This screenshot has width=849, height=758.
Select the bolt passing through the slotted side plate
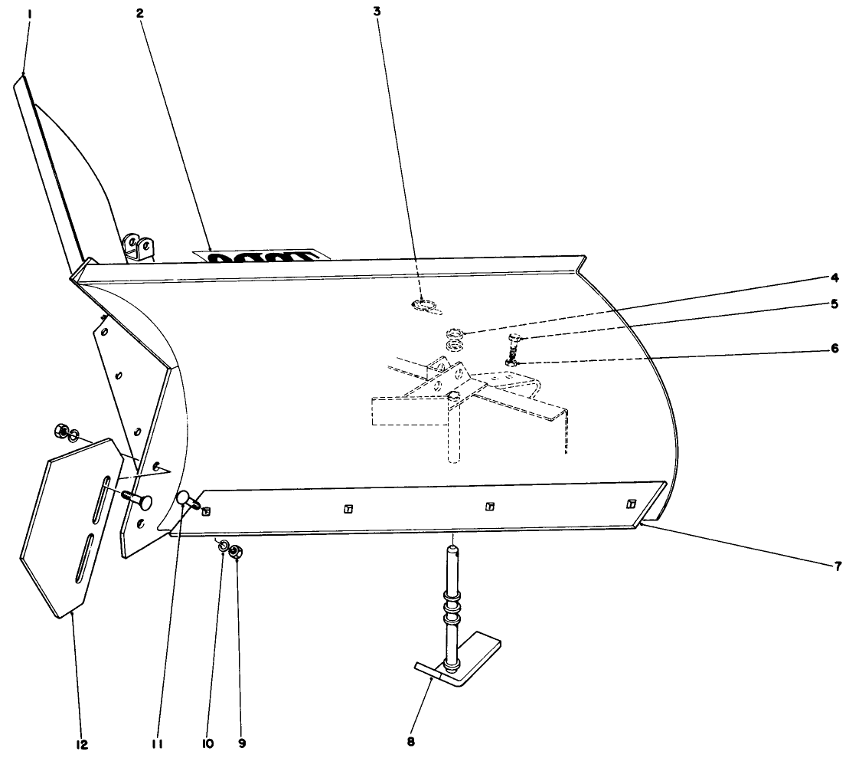[138, 501]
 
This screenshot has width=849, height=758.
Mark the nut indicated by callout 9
[237, 551]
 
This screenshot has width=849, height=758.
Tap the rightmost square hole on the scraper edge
[631, 504]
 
